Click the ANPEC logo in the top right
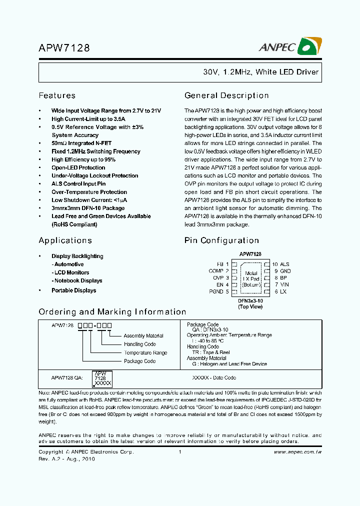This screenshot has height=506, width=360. tap(290, 46)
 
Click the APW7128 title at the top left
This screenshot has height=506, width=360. tap(64, 48)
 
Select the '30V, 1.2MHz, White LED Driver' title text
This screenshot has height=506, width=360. tap(260, 72)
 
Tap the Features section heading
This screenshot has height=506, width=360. tap(57, 95)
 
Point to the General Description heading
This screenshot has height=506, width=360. tap(226, 95)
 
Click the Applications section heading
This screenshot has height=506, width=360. tap(65, 240)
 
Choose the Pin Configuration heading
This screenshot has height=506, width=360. tap(221, 240)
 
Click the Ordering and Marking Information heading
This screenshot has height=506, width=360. tap(112, 311)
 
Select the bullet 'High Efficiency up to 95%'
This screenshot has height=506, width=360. tap(83, 159)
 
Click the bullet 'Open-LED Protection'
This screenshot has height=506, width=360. tap(78, 167)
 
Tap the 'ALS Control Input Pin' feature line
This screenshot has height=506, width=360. tap(78, 184)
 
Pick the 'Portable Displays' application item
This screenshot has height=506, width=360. tap(73, 290)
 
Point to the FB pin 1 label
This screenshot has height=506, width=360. tap(222, 264)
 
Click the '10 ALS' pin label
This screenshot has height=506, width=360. tap(280, 264)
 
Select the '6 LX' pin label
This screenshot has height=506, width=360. tap(280, 291)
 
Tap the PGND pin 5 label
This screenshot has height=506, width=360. tap(220, 291)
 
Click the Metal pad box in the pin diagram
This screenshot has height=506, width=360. tap(251, 278)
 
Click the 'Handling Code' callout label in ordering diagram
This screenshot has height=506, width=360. tap(139, 344)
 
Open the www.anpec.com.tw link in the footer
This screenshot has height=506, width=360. tap(297, 452)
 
